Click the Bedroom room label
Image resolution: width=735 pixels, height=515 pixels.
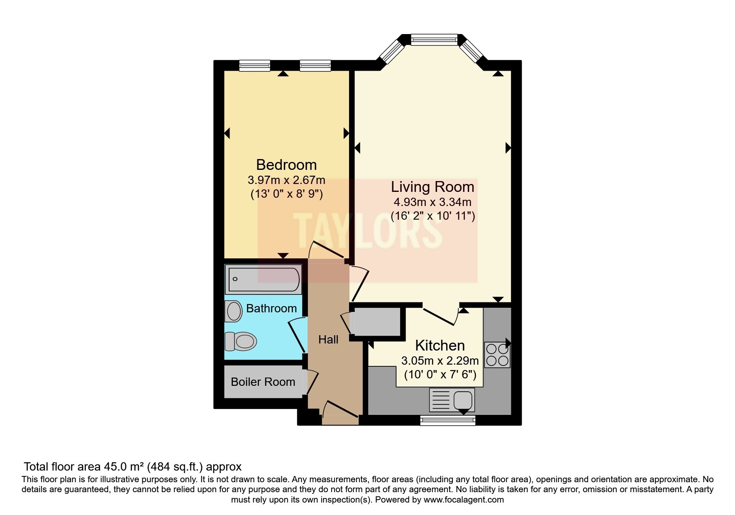pos(286,165)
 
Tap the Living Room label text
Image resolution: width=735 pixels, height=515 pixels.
pos(432,187)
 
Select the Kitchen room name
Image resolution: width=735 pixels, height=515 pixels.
pos(440,346)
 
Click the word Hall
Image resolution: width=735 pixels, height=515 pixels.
pos(328,340)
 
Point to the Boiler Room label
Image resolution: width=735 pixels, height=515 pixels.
pos(263,382)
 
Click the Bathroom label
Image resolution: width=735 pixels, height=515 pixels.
pos(271,308)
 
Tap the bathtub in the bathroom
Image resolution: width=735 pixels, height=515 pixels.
pos(264,280)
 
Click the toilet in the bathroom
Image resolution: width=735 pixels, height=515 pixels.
pos(240,342)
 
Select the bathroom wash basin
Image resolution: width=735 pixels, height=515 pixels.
pos(233,311)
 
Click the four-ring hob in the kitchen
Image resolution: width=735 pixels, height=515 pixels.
pos(497,355)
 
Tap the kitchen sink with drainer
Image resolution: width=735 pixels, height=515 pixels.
pos(452,400)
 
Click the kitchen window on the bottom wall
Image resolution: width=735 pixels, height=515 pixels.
pos(448,421)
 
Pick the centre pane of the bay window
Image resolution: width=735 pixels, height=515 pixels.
pos(434,40)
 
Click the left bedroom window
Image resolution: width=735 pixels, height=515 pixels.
pos(255,65)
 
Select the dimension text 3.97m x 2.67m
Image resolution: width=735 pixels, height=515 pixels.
pos(286,180)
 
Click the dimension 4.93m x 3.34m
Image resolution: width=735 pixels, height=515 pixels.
pos(432,202)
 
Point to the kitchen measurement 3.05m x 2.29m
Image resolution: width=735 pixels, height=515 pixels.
pos(440,360)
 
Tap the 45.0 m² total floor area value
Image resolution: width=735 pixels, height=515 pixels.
pos(121,466)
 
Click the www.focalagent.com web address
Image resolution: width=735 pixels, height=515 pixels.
pos(464,500)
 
